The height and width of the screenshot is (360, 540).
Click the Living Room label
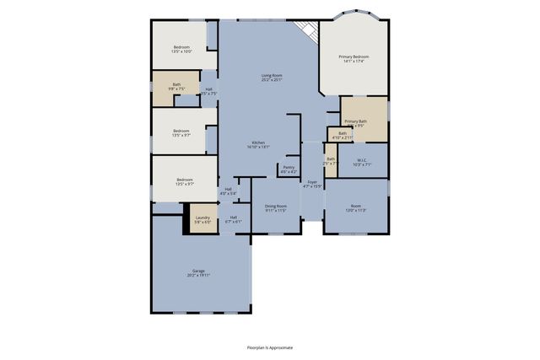click(x=271, y=78)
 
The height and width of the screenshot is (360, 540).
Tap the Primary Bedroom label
click(x=355, y=59)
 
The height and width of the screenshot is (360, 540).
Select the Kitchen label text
click(x=258, y=144)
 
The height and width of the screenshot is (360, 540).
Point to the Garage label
click(x=198, y=272)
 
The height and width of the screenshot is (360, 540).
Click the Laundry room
click(x=202, y=219)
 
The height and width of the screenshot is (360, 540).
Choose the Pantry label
click(x=289, y=169)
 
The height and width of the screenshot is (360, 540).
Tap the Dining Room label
click(x=276, y=207)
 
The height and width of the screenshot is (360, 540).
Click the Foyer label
click(x=312, y=184)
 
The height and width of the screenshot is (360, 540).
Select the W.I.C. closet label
click(x=361, y=161)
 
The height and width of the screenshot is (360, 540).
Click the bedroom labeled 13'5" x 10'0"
click(x=182, y=49)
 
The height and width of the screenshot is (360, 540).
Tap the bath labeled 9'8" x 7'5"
click(x=176, y=86)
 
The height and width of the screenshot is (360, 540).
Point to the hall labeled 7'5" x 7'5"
click(x=209, y=91)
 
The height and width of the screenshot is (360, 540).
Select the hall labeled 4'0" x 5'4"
click(x=228, y=191)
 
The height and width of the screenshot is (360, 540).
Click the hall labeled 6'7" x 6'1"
click(x=233, y=219)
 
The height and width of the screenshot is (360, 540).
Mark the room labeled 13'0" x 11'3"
click(x=356, y=207)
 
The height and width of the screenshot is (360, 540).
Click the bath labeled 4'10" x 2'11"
click(x=343, y=135)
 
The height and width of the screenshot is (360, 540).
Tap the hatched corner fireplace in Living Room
click(x=310, y=30)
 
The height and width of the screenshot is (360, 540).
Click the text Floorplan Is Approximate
click(x=270, y=347)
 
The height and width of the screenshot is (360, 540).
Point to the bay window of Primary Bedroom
click(x=353, y=16)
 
